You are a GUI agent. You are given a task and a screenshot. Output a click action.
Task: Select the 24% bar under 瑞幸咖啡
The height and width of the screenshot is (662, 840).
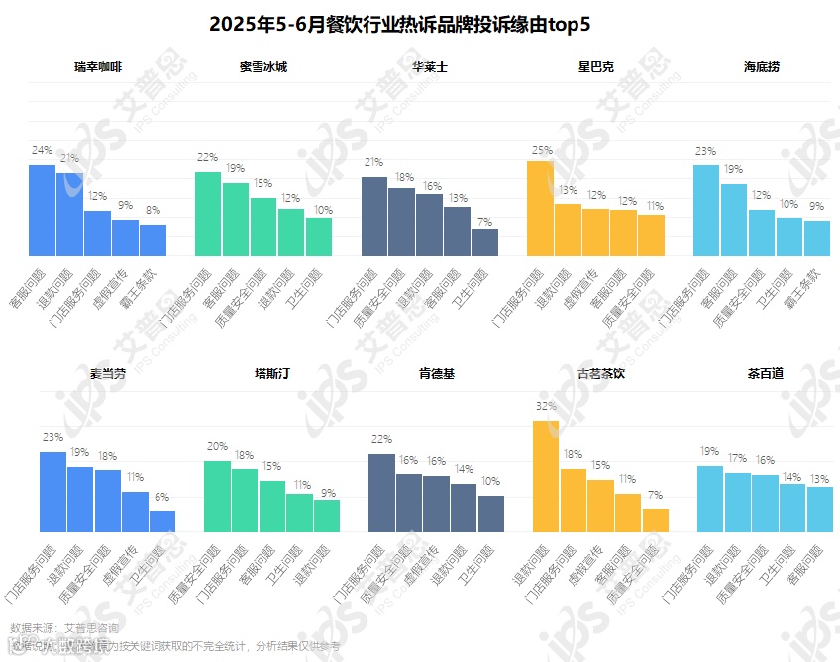coord(42,210)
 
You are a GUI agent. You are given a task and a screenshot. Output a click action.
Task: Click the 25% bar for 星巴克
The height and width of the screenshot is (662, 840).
coord(540,208)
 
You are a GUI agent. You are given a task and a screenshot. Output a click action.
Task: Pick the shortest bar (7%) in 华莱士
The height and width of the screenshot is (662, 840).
coord(484,242)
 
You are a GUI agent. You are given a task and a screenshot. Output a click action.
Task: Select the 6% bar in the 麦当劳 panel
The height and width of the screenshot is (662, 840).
coord(162,521)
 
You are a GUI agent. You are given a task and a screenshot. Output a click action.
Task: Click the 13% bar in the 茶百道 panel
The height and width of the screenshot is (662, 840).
coord(819,509)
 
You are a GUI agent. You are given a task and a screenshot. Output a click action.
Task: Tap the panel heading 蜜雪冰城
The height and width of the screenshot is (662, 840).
coord(263,68)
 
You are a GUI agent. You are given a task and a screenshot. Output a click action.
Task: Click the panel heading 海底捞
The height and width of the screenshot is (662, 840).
coord(762,68)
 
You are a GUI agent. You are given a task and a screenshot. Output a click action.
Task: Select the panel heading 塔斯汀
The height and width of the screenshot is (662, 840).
coord(271,374)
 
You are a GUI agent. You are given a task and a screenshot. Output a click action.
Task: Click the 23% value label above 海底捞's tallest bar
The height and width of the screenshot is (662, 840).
coord(705,152)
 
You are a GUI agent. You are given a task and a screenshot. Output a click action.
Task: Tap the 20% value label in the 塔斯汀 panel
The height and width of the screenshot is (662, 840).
coord(217,447)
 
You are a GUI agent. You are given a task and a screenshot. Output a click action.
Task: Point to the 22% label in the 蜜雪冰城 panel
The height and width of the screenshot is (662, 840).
coord(207,158)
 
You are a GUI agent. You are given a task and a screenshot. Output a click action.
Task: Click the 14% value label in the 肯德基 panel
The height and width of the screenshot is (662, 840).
coord(464,470)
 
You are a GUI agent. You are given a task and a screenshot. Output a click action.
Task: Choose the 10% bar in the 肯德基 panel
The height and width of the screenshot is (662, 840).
coord(491,514)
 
